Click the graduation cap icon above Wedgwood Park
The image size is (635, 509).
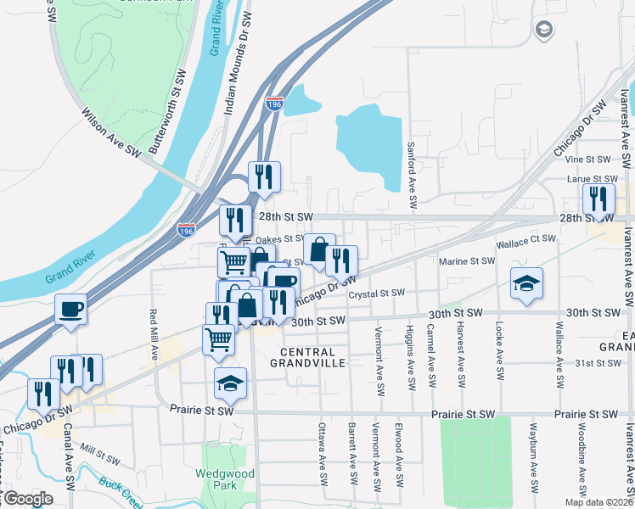230,383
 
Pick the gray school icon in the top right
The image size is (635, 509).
543,31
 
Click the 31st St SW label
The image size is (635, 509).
599,362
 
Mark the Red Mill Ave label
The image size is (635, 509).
155,336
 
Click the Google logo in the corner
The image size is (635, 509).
28,499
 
